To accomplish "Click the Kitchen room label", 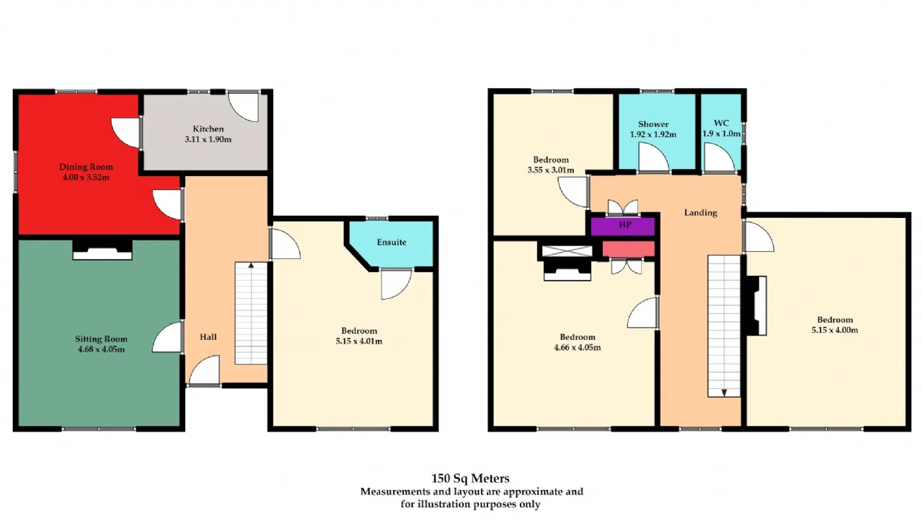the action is click(208, 128).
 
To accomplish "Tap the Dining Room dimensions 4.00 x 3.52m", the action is click(86, 178).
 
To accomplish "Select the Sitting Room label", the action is click(101, 339).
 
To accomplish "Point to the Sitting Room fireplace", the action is click(102, 250).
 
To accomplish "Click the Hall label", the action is click(208, 337).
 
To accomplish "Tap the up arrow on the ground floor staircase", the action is click(251, 265).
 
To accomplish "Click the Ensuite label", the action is click(392, 242).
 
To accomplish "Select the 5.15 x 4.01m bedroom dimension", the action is click(359, 341).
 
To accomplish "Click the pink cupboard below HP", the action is click(628, 249).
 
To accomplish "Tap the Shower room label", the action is click(653, 123).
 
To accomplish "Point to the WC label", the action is click(721, 123).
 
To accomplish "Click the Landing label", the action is click(700, 212).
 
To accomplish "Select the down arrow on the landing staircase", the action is click(724, 393).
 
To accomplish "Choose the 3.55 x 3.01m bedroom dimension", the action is click(550, 170).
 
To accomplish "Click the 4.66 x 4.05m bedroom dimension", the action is click(578, 347).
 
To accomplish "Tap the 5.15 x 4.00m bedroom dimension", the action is click(835, 330).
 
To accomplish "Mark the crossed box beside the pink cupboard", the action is click(567, 250).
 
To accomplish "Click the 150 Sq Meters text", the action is click(470, 479).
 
